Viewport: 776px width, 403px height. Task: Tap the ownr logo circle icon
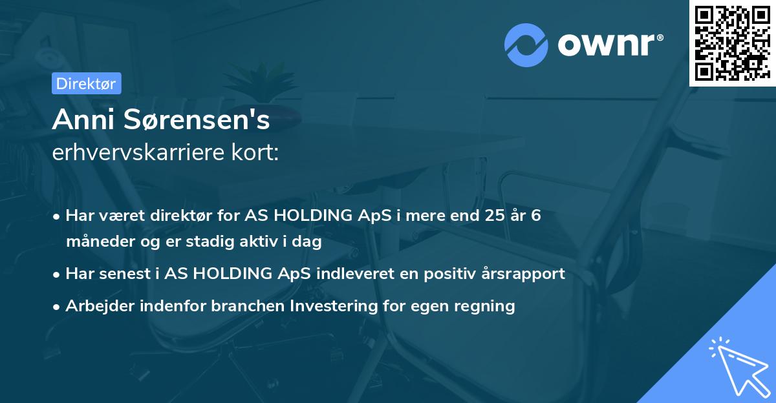tap(525, 45)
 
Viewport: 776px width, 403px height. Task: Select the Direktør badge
tap(86, 83)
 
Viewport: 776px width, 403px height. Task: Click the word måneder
tap(97, 242)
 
